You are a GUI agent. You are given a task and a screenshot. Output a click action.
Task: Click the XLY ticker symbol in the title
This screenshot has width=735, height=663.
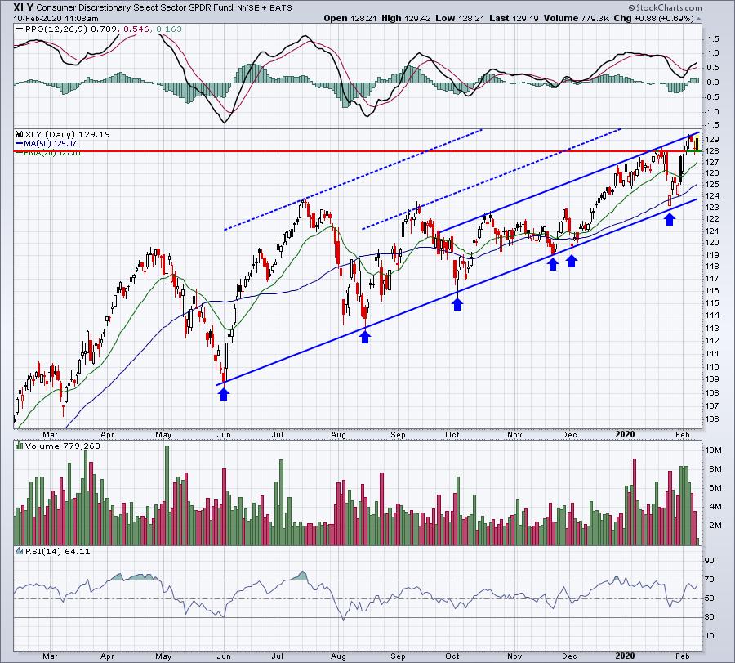pyautogui.click(x=24, y=7)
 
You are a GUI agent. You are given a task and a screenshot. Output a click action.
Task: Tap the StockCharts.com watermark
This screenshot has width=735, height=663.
pyautogui.click(x=665, y=7)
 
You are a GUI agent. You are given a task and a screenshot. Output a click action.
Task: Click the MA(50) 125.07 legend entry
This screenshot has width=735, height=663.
pyautogui.click(x=47, y=144)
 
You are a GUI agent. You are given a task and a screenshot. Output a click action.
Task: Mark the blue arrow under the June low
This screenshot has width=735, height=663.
pyautogui.click(x=224, y=395)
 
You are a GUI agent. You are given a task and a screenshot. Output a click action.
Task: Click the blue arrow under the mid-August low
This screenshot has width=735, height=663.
pyautogui.click(x=365, y=337)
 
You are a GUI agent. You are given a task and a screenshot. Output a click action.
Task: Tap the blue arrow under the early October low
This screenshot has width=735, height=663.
pyautogui.click(x=457, y=304)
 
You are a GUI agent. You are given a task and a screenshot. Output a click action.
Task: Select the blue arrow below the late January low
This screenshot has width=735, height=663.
pyautogui.click(x=670, y=219)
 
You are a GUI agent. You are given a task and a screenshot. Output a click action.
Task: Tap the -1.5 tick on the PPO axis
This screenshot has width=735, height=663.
pyautogui.click(x=712, y=125)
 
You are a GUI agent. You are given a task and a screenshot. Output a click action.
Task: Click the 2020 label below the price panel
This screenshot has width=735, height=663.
pyautogui.click(x=625, y=434)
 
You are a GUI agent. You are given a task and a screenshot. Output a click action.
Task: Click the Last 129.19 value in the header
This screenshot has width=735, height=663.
pyautogui.click(x=514, y=18)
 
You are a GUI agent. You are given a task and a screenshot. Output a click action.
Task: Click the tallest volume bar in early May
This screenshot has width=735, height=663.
pyautogui.click(x=167, y=495)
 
